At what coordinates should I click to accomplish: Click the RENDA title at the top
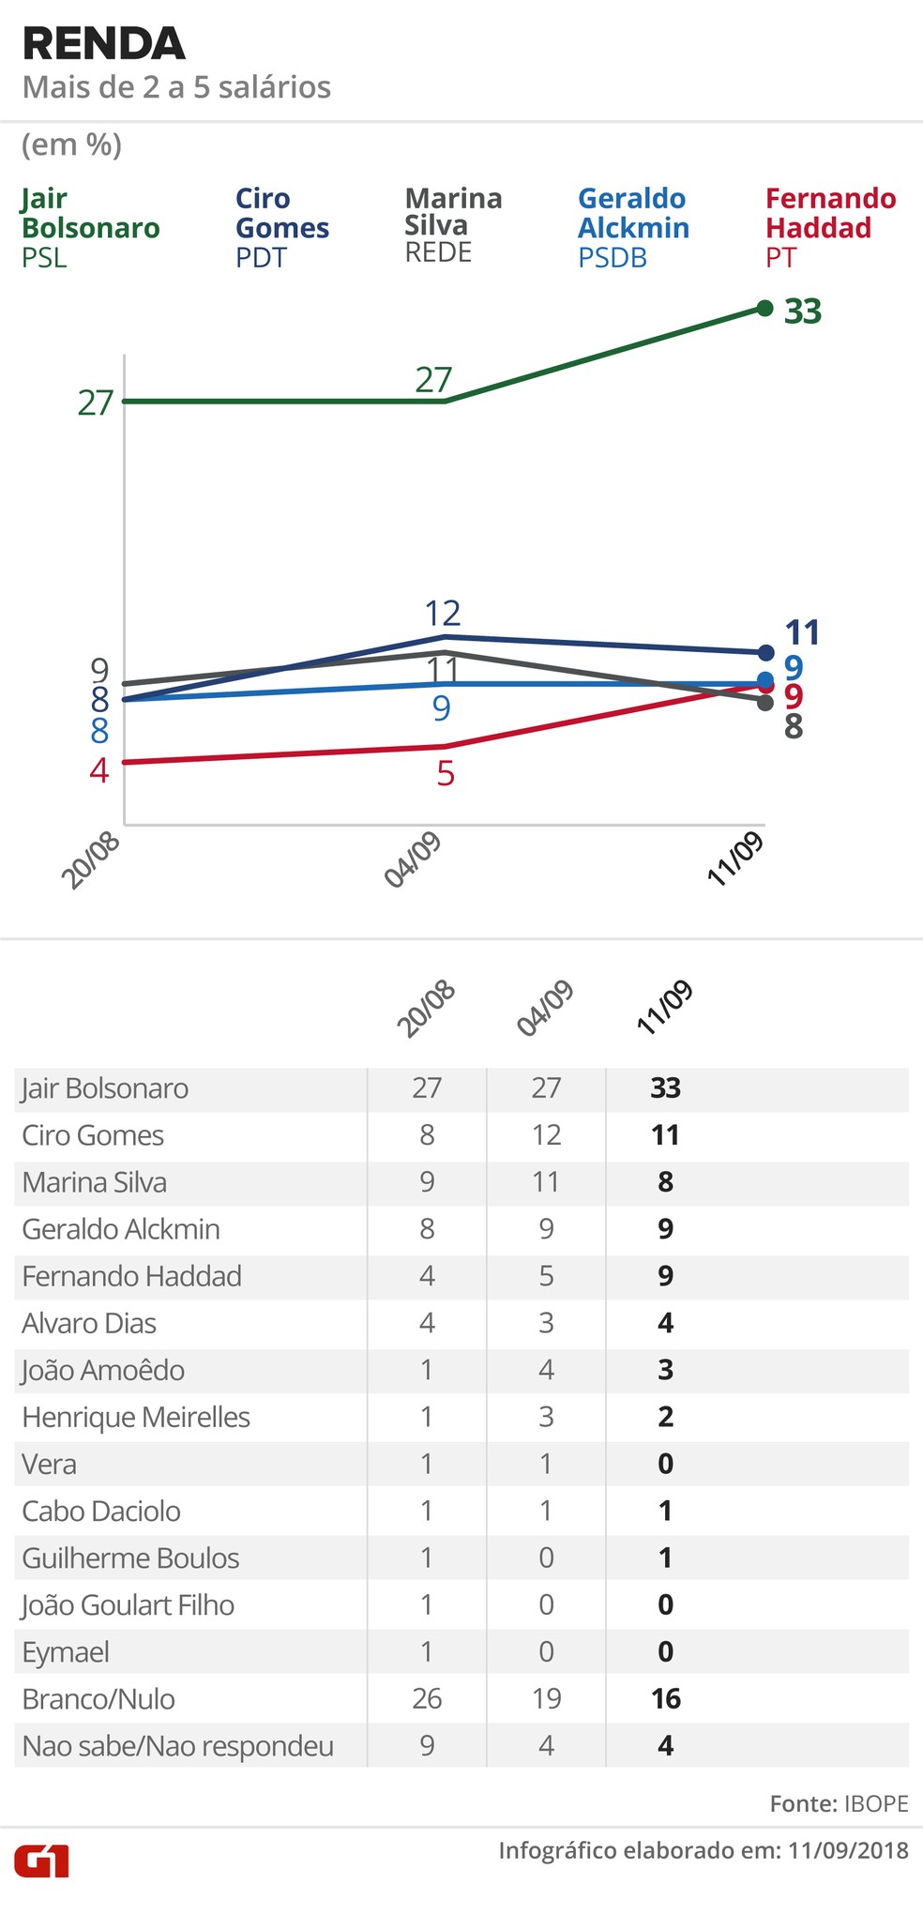click(103, 44)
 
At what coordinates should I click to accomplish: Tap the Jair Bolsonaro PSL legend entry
click(90, 227)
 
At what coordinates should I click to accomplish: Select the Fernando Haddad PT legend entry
click(830, 227)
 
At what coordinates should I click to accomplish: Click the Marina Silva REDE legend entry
click(453, 225)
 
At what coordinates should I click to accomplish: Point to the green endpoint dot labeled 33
click(764, 308)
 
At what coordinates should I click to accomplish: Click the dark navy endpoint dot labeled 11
click(765, 652)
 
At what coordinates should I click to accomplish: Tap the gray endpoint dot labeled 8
click(765, 702)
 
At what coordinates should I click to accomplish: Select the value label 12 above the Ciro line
click(443, 614)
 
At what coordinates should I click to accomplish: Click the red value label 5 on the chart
click(446, 775)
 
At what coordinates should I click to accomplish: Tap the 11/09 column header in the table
click(664, 1008)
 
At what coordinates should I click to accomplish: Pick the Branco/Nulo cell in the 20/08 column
click(427, 1698)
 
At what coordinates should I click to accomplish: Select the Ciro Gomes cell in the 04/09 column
click(546, 1135)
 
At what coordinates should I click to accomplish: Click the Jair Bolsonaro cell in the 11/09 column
click(665, 1088)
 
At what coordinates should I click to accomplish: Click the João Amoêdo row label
click(103, 1370)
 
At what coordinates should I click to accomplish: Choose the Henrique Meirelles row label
click(136, 1417)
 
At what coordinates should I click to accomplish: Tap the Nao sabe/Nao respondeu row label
click(178, 1746)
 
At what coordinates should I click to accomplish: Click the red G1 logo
click(42, 1860)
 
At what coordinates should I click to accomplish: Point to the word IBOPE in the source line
click(876, 1803)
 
